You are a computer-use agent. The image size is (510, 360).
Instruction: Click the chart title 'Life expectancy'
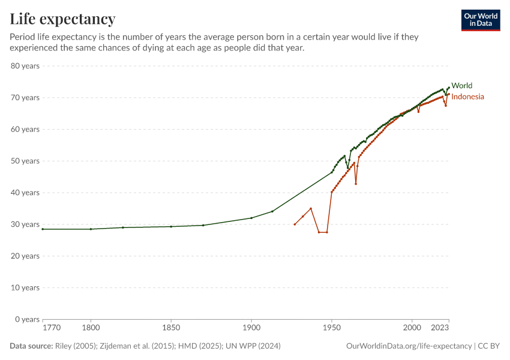pyautogui.click(x=62, y=19)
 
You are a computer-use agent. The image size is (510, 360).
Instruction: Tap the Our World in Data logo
pyautogui.click(x=481, y=20)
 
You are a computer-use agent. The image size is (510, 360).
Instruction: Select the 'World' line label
pyautogui.click(x=461, y=86)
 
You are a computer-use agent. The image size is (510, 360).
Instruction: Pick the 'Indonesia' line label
pyautogui.click(x=467, y=97)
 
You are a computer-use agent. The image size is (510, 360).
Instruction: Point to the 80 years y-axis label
pyautogui.click(x=25, y=65)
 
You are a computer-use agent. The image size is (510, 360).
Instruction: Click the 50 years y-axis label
pyautogui.click(x=25, y=161)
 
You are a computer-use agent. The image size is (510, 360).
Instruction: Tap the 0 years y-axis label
pyautogui.click(x=27, y=319)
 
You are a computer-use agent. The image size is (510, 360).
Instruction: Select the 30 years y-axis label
pyautogui.click(x=25, y=224)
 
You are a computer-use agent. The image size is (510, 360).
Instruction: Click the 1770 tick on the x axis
pyautogui.click(x=51, y=328)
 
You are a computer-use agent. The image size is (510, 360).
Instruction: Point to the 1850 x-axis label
pyautogui.click(x=171, y=328)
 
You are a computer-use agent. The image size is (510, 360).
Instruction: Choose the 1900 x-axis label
pyautogui.click(x=251, y=328)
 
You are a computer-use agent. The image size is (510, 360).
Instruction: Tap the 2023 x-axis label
pyautogui.click(x=440, y=328)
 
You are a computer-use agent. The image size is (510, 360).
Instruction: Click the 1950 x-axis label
pyautogui.click(x=331, y=328)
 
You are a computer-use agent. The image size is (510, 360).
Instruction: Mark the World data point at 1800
pyautogui.click(x=91, y=229)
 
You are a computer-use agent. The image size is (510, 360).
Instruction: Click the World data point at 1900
pyautogui.click(x=251, y=218)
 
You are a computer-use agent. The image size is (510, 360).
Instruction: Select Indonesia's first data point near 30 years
pyautogui.click(x=295, y=224)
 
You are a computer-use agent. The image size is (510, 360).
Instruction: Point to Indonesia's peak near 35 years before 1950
pyautogui.click(x=311, y=209)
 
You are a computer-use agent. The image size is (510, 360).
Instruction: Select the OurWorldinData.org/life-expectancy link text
pyautogui.click(x=409, y=346)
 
